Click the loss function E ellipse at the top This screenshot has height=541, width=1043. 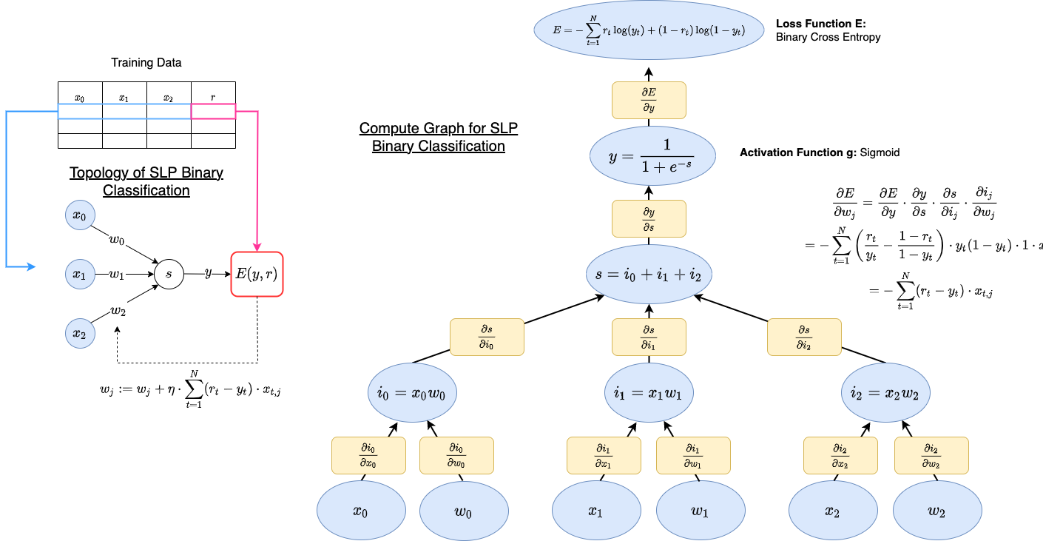(648, 30)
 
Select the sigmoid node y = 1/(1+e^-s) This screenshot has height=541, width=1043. (652, 157)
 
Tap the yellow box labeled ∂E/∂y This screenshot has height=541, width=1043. (649, 100)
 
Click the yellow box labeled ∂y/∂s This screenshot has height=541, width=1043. (649, 218)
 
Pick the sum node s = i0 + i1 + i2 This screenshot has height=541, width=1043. (649, 275)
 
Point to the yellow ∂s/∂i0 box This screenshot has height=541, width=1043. (487, 337)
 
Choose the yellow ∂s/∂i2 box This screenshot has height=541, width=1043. (804, 337)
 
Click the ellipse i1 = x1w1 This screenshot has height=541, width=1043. (649, 394)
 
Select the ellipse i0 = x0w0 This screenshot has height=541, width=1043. (413, 394)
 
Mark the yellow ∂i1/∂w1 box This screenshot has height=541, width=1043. (693, 455)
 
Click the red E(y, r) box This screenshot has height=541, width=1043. (257, 275)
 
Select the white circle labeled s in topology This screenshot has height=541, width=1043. (169, 275)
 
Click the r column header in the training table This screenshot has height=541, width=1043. (213, 97)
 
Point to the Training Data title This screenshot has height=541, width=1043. (146, 63)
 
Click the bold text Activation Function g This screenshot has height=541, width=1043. (795, 153)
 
